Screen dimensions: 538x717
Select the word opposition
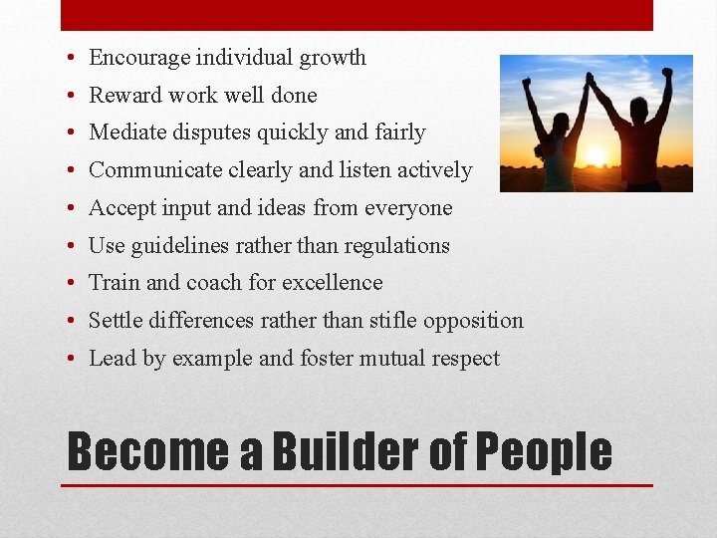473,321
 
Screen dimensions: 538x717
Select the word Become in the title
145,451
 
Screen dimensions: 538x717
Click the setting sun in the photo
595,156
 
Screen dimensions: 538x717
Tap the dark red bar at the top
357,15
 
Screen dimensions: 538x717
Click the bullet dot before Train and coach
74,284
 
